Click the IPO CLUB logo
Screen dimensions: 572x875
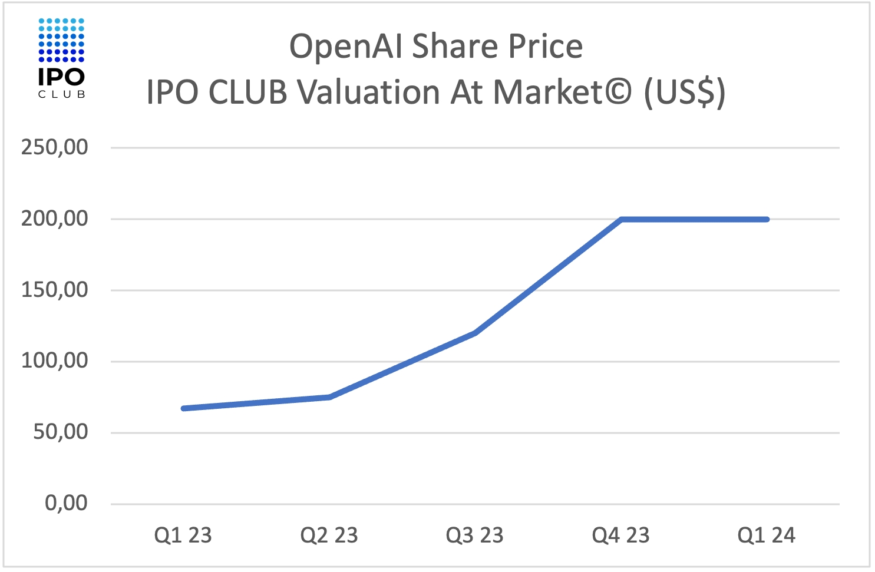coord(61,58)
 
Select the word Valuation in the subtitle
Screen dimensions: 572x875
coord(368,92)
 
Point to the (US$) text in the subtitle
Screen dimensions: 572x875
coord(684,92)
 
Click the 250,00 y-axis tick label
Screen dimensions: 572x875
coord(54,147)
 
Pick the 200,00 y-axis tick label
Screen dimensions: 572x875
coord(54,219)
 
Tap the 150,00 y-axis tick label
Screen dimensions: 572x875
coord(54,290)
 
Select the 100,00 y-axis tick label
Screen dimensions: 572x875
coord(54,361)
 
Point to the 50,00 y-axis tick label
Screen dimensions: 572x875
coord(60,432)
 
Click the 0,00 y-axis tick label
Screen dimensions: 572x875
coord(66,503)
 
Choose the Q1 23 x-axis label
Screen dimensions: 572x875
coord(183,535)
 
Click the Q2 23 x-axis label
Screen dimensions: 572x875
coord(329,535)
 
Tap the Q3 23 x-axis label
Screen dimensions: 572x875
coord(474,535)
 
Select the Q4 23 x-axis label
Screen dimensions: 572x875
coord(620,535)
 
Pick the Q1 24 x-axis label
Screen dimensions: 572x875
coord(766,535)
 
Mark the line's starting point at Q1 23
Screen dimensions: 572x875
coord(184,408)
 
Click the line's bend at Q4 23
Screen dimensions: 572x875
coord(622,219)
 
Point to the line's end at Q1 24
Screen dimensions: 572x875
coord(767,219)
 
